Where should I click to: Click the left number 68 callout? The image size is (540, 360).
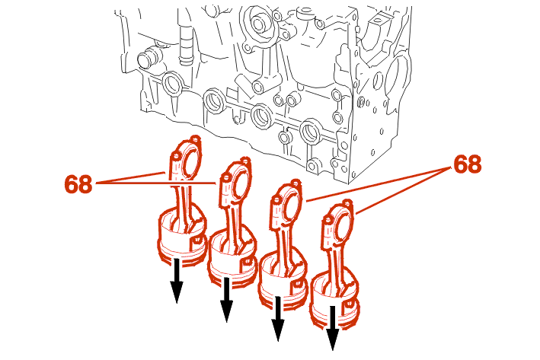click(78, 183)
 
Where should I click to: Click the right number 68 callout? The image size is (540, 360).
click(468, 164)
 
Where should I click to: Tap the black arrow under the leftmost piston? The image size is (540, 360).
click(177, 281)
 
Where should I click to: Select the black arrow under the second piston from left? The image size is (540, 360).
click(226, 300)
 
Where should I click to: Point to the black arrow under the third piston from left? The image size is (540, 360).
click(278, 319)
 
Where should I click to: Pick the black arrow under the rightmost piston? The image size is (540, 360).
click(332, 328)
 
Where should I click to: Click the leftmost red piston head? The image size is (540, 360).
click(182, 237)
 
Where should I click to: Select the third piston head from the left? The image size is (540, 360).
click(283, 279)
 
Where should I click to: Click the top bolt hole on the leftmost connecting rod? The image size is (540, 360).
click(196, 139)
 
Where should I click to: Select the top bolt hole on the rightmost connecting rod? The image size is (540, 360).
click(348, 203)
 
